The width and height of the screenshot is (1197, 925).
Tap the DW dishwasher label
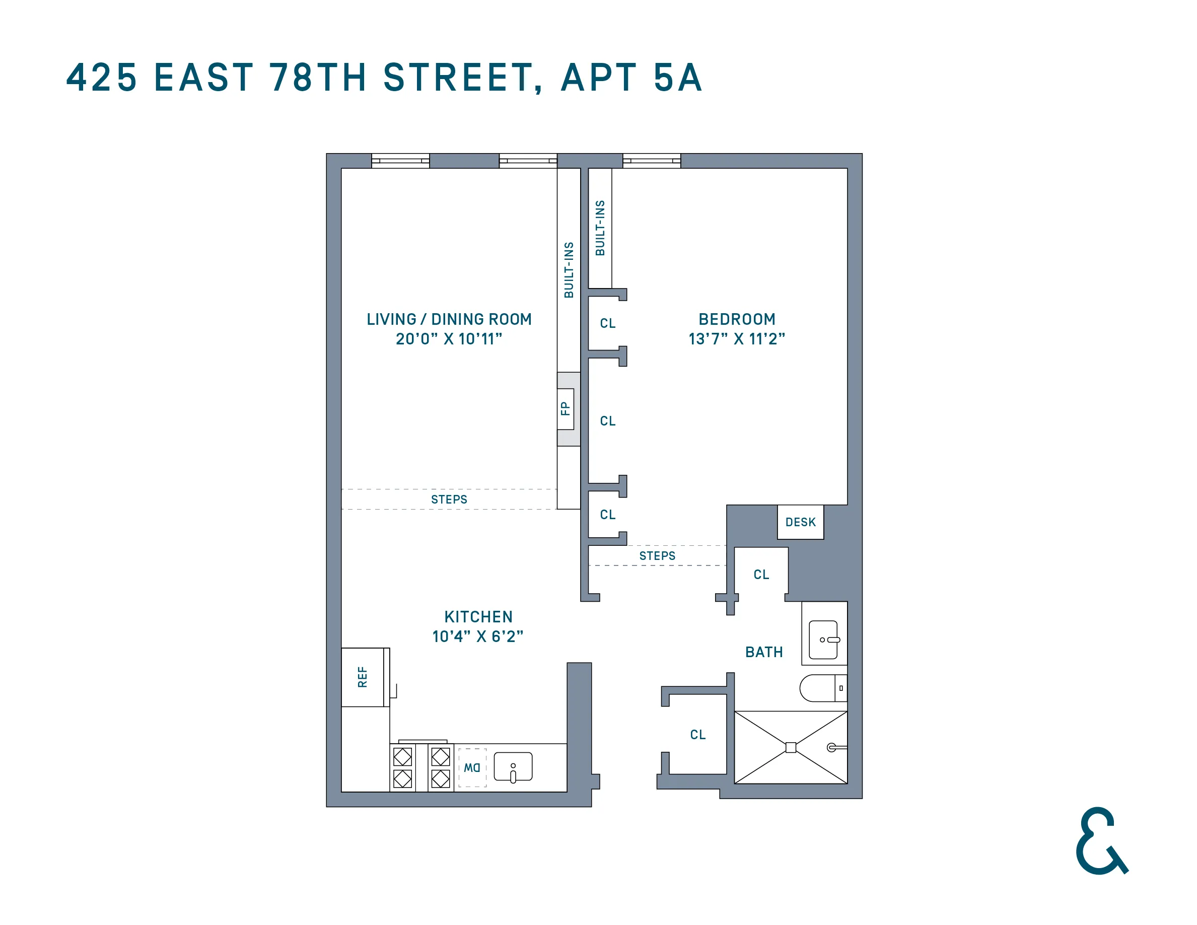[x=472, y=768]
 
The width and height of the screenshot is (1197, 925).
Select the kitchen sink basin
[x=513, y=766]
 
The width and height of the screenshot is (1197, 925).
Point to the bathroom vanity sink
[x=823, y=639]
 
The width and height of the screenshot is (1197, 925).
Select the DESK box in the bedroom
[x=800, y=522]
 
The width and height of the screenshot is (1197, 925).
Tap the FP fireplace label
[x=565, y=408]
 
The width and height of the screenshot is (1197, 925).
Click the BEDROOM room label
[x=737, y=319]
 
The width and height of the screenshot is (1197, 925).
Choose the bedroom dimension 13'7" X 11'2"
[x=737, y=339]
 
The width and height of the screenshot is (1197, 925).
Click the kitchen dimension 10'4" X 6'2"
[x=477, y=636]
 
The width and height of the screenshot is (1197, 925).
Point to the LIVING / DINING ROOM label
[x=449, y=319]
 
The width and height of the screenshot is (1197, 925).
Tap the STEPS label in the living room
[x=449, y=499]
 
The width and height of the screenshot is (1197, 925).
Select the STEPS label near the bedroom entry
[x=657, y=556]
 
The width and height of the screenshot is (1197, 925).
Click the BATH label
[x=764, y=652]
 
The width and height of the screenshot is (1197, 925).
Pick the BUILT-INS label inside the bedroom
[x=600, y=228]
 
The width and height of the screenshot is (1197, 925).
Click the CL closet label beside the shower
[x=697, y=734]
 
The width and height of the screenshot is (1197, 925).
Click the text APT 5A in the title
[x=631, y=77]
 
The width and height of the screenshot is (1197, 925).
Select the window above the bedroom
[x=651, y=161]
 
